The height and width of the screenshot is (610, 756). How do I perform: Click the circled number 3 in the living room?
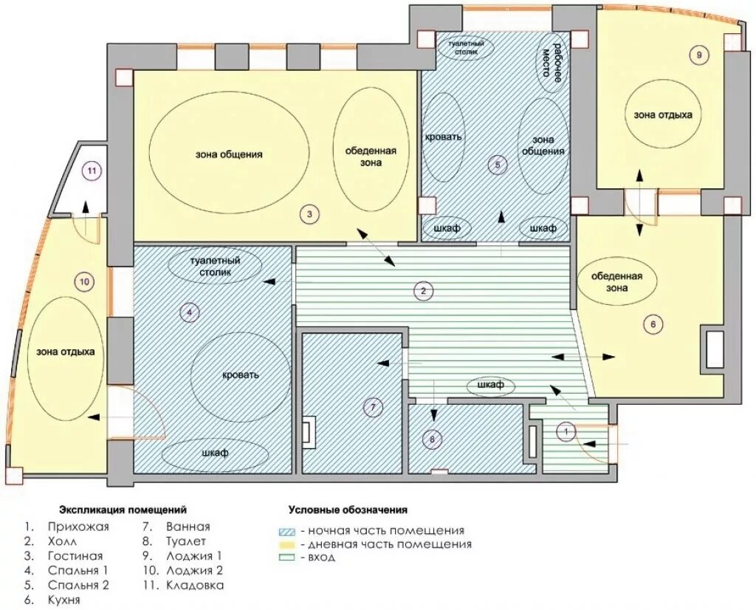[x=309, y=214]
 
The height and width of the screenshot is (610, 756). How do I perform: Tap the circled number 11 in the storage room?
[x=92, y=171]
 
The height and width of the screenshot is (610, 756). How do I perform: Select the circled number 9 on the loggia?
[x=698, y=55]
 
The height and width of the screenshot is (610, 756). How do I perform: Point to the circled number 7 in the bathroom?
[x=372, y=408]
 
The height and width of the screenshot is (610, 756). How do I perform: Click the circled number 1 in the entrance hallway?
[x=566, y=431]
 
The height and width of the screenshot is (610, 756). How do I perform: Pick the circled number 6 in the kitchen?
[x=653, y=324]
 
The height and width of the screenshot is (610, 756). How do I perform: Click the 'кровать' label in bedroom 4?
[x=240, y=374]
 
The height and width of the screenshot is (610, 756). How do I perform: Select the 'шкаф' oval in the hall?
[x=491, y=385]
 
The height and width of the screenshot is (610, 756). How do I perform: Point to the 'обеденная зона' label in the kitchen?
[x=616, y=282]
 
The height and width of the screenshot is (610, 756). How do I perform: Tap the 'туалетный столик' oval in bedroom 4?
[x=215, y=266]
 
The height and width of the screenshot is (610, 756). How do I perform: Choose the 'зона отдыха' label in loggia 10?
[x=65, y=352]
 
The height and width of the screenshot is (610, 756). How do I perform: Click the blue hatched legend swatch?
[x=287, y=532]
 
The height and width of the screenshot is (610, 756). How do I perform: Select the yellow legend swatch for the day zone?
[x=287, y=545]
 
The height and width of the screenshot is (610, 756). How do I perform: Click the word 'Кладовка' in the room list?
[x=195, y=586]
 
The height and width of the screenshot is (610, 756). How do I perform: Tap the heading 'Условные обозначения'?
[x=348, y=510]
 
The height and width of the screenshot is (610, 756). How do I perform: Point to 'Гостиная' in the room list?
[x=75, y=556]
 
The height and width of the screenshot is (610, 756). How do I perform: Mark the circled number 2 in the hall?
[x=424, y=291]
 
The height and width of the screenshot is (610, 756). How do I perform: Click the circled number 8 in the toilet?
[x=431, y=439]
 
